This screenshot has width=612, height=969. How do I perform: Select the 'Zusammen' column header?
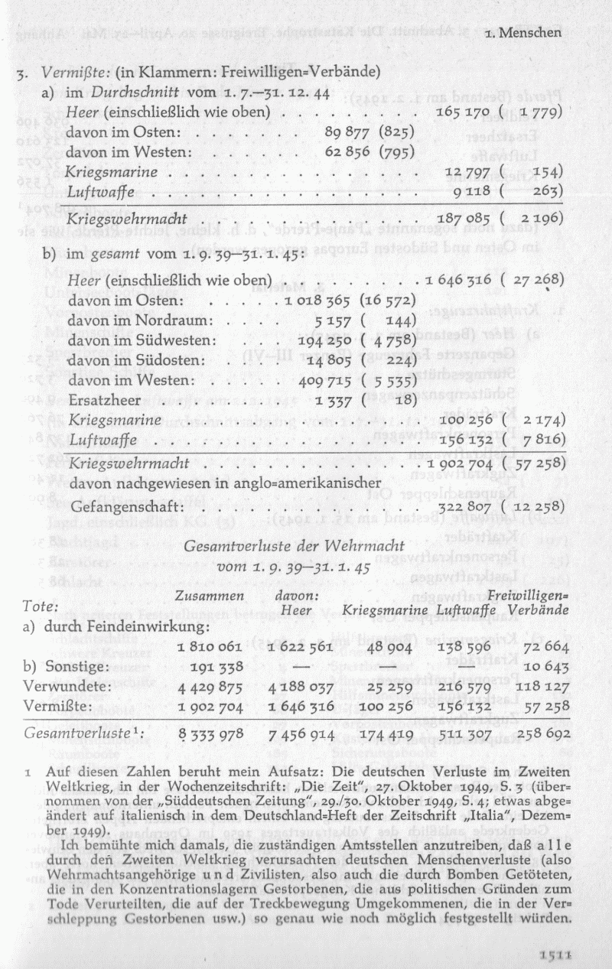(x=210, y=596)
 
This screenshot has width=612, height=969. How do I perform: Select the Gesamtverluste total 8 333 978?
(x=210, y=734)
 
